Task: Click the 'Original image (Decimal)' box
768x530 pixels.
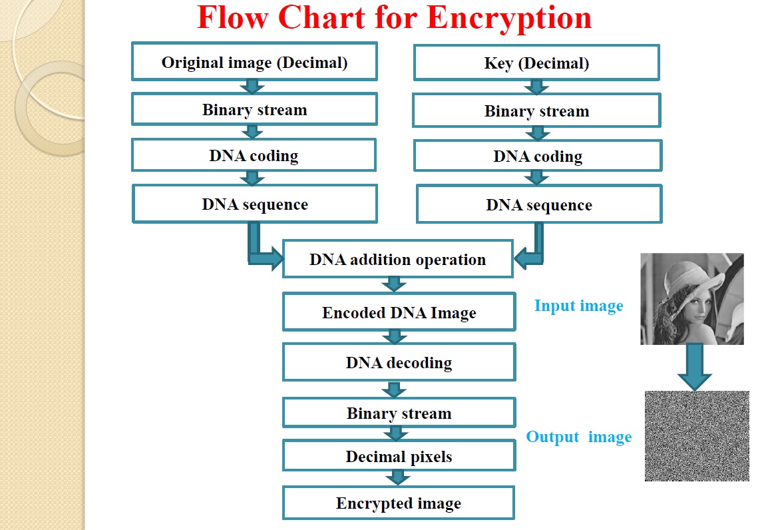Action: click(x=254, y=62)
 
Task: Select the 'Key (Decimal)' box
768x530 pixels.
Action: click(x=536, y=63)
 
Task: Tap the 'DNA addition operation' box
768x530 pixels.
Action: click(x=398, y=259)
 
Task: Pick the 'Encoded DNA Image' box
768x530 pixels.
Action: click(x=399, y=312)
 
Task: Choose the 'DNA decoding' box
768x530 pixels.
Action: click(x=399, y=362)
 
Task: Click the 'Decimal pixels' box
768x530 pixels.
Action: click(x=399, y=455)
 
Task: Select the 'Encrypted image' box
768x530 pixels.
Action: click(x=398, y=503)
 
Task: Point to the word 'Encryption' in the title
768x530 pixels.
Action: click(x=509, y=19)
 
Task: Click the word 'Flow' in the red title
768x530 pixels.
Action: click(x=233, y=17)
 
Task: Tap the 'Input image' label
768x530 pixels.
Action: click(x=578, y=306)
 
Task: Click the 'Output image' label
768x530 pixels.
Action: click(x=578, y=436)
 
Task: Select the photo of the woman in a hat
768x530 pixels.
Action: click(x=691, y=299)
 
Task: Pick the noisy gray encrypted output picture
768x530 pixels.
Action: click(x=697, y=436)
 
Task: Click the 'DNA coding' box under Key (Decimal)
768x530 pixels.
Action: click(x=538, y=156)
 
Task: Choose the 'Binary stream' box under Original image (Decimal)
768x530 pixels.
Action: click(x=254, y=109)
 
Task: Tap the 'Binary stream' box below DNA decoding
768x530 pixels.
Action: click(x=399, y=412)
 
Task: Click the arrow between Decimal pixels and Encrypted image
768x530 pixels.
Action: click(x=398, y=477)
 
